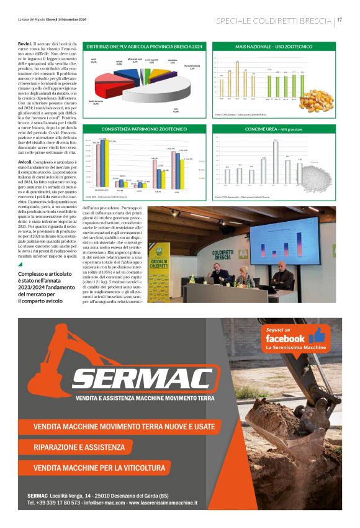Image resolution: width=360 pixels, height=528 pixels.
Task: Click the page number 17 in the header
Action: pyautogui.click(x=340, y=20)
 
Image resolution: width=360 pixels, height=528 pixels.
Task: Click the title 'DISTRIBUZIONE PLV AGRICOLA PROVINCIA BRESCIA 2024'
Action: pyautogui.click(x=144, y=47)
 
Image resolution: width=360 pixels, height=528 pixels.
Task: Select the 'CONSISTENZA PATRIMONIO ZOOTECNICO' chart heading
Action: pyautogui.click(x=144, y=129)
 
